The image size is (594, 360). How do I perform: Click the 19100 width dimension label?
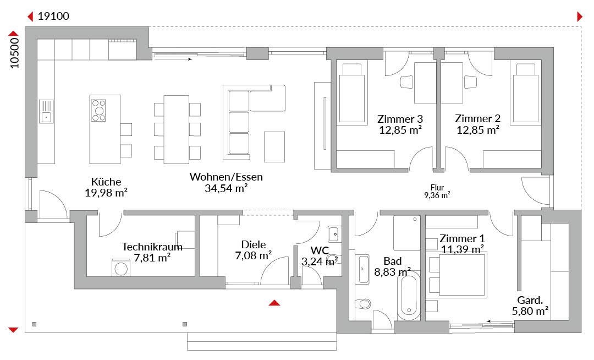(x=53, y=17)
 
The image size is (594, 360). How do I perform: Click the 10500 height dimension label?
(x=14, y=53)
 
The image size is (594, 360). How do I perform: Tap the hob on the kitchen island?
(x=98, y=110)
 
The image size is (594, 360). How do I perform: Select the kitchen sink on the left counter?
(x=46, y=111)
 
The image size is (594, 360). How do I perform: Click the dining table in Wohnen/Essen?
(x=176, y=129)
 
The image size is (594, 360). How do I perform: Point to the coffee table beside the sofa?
(x=274, y=146)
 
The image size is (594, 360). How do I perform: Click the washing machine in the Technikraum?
(x=121, y=268)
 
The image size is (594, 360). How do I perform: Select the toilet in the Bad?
(x=364, y=303)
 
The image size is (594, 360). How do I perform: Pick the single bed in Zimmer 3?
(x=352, y=94)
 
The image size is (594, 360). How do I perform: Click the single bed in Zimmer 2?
(x=525, y=94)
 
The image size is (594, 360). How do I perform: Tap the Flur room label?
(x=437, y=188)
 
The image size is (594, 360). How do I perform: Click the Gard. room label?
(x=530, y=301)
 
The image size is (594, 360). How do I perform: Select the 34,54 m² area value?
(x=226, y=188)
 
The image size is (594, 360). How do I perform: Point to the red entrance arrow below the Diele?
(x=274, y=303)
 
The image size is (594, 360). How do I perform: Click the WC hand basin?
(x=333, y=234)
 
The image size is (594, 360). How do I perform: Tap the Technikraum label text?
(x=152, y=247)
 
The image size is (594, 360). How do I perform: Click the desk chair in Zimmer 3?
(x=406, y=82)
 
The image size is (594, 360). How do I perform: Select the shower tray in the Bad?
(x=407, y=233)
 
